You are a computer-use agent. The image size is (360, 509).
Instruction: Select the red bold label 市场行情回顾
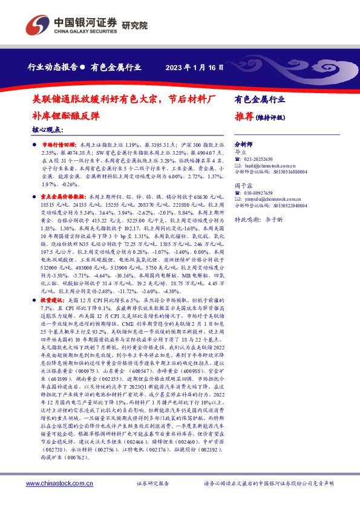[x=59, y=146]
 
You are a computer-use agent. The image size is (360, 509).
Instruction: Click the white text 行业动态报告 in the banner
[x=53, y=67]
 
